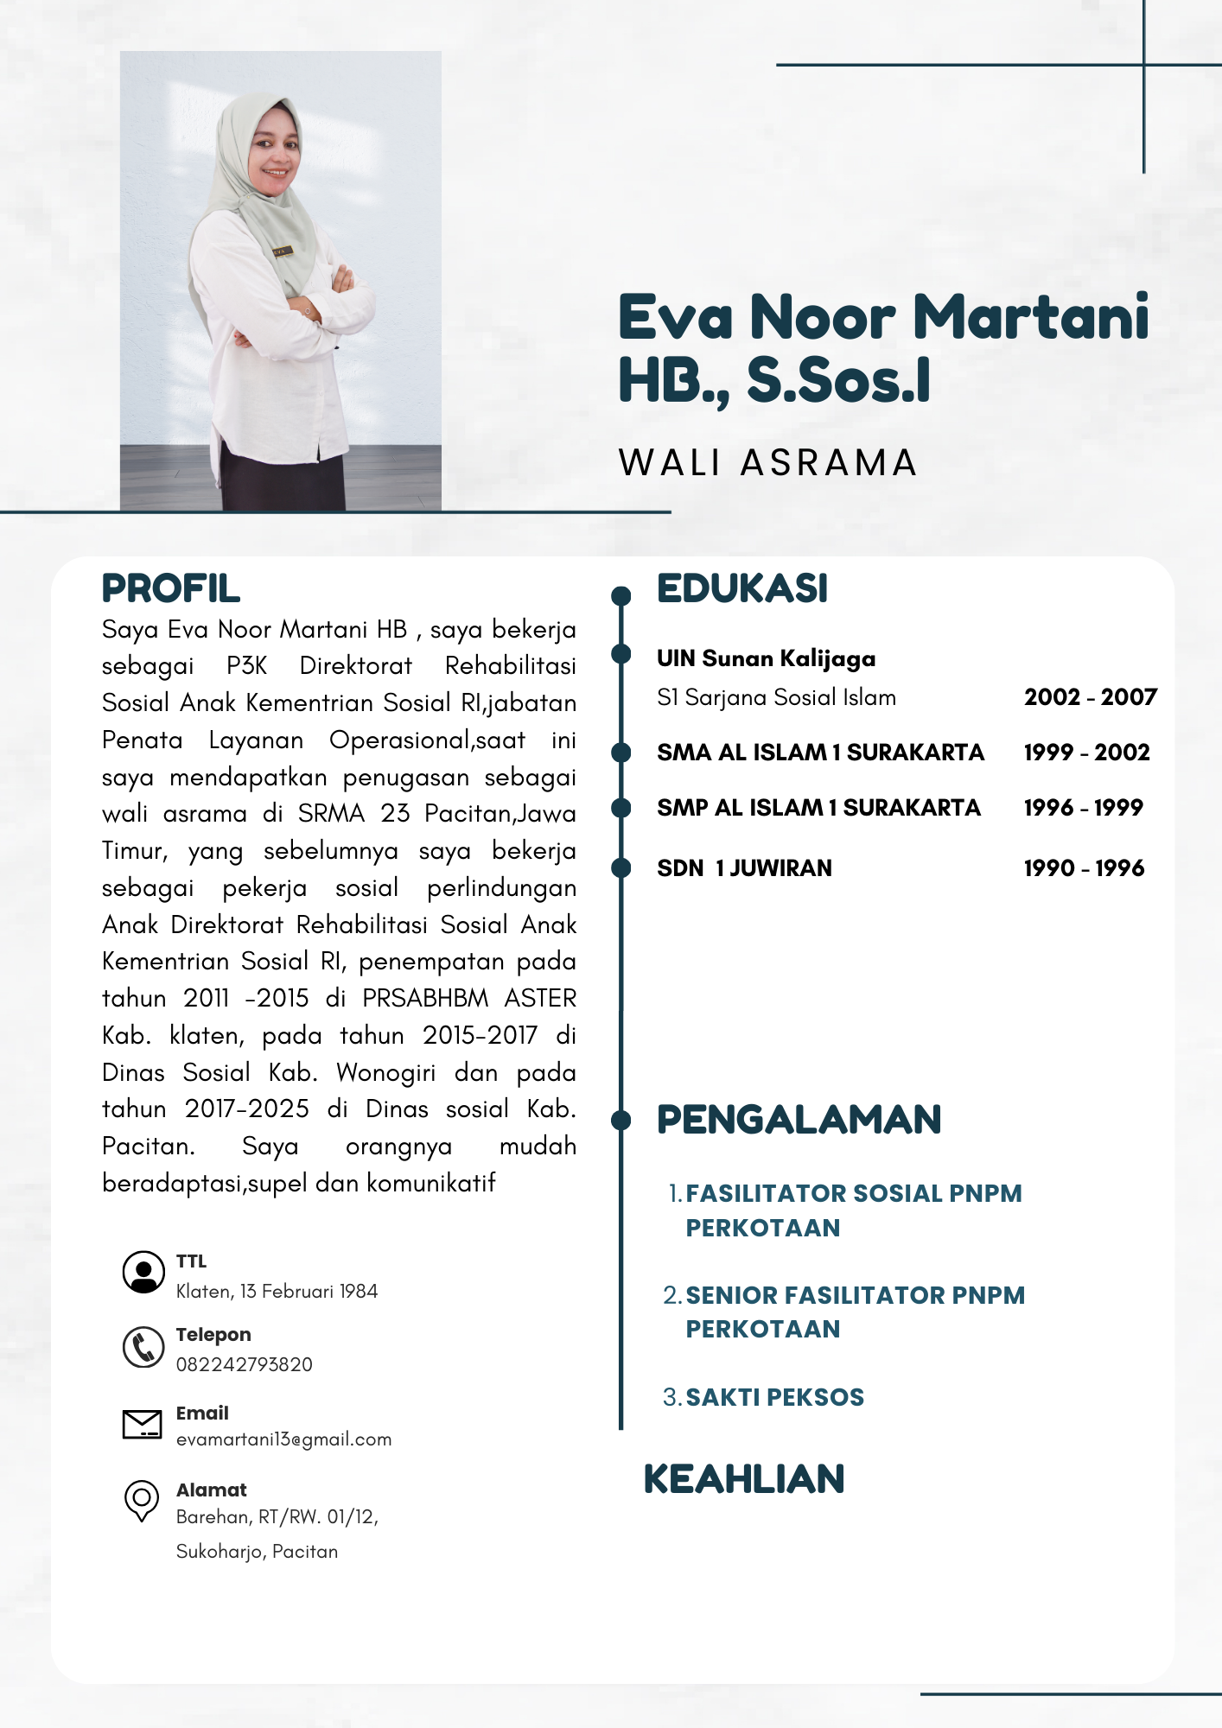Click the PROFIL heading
point(170,589)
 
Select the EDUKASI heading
point(741,589)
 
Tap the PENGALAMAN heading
point(799,1120)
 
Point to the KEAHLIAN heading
point(743,1479)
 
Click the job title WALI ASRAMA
point(767,463)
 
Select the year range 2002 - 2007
point(1090,697)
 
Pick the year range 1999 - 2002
point(1086,753)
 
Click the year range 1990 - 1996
point(1084,868)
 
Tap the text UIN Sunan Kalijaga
point(766,659)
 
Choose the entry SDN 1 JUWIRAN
point(744,868)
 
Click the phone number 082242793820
point(245,1365)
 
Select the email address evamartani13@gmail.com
point(283,1439)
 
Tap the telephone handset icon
point(143,1347)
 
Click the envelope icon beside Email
point(143,1424)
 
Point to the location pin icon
point(142,1500)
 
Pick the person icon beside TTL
point(143,1272)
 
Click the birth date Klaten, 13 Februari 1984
point(277,1292)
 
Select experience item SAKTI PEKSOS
point(774,1398)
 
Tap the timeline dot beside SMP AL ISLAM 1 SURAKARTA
point(621,808)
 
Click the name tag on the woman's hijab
point(283,251)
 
